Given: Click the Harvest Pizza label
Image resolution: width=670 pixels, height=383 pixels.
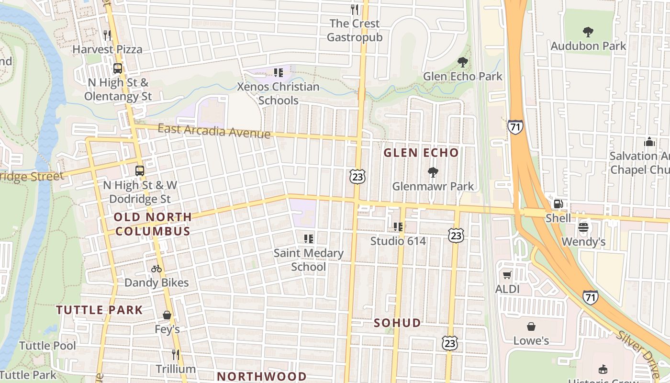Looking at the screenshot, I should tap(107, 49).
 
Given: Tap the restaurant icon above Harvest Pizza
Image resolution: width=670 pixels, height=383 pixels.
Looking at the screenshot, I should tap(107, 35).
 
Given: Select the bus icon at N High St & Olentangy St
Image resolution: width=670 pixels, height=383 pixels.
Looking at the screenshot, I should tap(118, 68).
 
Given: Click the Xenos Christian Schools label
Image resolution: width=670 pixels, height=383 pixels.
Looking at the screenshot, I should tap(279, 93).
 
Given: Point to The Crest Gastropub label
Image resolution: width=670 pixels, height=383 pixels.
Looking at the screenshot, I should tap(355, 30).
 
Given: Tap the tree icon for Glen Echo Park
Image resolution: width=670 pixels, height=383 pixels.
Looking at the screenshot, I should tap(462, 62).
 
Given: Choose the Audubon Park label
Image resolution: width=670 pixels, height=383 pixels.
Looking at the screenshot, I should tap(588, 46).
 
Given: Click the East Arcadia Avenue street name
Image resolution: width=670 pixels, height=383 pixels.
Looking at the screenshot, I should tap(214, 130).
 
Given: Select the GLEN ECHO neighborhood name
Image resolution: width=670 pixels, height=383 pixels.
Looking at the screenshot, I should tap(421, 153).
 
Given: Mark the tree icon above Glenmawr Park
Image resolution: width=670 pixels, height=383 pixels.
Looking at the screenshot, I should tap(433, 172).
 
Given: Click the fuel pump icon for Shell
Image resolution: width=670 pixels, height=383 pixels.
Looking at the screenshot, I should tap(558, 204).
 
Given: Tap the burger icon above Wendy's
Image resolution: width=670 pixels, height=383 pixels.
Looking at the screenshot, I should tap(583, 227).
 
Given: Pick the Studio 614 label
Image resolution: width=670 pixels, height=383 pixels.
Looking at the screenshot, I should tap(398, 241).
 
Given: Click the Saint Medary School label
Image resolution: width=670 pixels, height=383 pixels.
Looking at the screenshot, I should tap(309, 260).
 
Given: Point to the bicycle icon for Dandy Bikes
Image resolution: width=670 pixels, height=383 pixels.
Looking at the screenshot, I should tap(156, 269).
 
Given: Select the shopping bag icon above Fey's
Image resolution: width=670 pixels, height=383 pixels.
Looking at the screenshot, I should tap(167, 315).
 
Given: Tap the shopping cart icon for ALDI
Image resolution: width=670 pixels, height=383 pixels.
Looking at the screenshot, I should tap(507, 275).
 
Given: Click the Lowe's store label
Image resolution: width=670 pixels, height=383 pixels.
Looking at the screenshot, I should tap(531, 341).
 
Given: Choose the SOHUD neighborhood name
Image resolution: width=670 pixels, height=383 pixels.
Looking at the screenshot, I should tap(397, 323).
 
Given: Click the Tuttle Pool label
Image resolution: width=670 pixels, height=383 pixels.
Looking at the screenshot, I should tap(47, 346).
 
